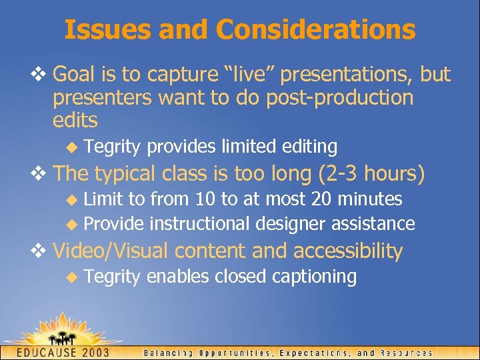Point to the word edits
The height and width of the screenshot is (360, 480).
pyautogui.click(x=75, y=121)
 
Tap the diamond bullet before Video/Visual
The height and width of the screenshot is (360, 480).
pyautogui.click(x=43, y=251)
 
